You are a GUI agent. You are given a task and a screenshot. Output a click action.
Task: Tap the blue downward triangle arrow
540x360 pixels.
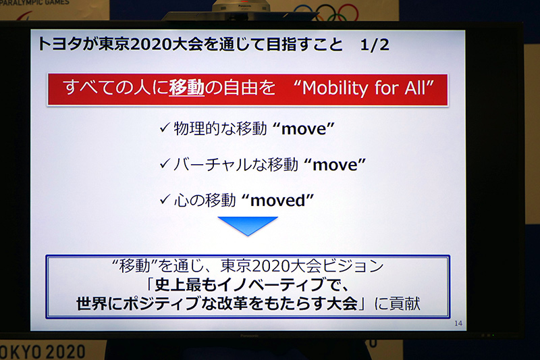click(248, 226)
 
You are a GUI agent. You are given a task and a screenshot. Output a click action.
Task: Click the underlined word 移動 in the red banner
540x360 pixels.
click(186, 88)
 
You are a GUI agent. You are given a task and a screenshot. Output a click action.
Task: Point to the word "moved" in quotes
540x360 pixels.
click(279, 201)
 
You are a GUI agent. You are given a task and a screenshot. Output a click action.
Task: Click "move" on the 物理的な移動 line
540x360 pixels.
click(304, 128)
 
